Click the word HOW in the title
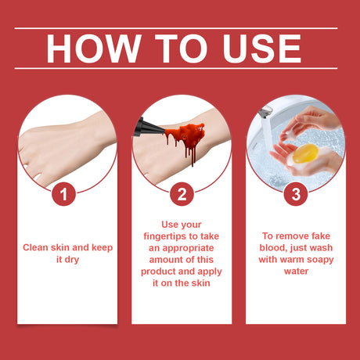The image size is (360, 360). coord(94,49)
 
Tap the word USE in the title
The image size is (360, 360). coord(262,49)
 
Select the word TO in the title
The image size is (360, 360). coord(181,49)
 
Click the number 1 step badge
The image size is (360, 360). coord(63,194)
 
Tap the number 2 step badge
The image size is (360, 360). coord(182,194)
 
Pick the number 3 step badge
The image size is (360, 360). coord(296,194)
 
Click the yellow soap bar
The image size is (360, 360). coord(305,153)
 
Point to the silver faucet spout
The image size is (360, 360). coord(265,112)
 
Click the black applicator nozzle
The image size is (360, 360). coord(148,128)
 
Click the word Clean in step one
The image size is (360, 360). coord(36,247)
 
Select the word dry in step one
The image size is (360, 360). coord(72,260)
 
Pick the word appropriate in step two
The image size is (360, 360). coord(188,248)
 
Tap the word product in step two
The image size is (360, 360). coord(159,272)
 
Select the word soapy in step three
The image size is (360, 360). coord(320,260)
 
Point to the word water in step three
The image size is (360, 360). coord(296,272)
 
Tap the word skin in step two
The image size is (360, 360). coord(200,283)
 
